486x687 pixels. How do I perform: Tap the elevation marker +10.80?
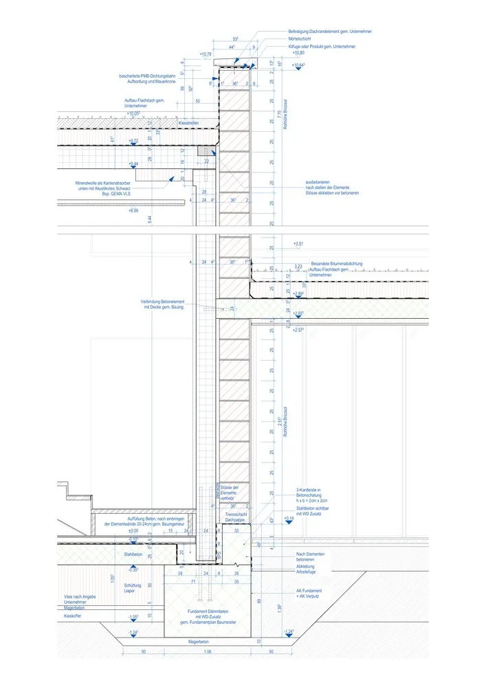coord(297,53)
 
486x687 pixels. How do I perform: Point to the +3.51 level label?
coord(298,244)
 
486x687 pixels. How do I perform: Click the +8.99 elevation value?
coord(133,210)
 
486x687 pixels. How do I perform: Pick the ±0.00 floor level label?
coord(133,531)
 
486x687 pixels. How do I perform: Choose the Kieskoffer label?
coord(74,616)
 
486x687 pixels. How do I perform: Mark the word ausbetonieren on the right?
coord(320,182)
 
